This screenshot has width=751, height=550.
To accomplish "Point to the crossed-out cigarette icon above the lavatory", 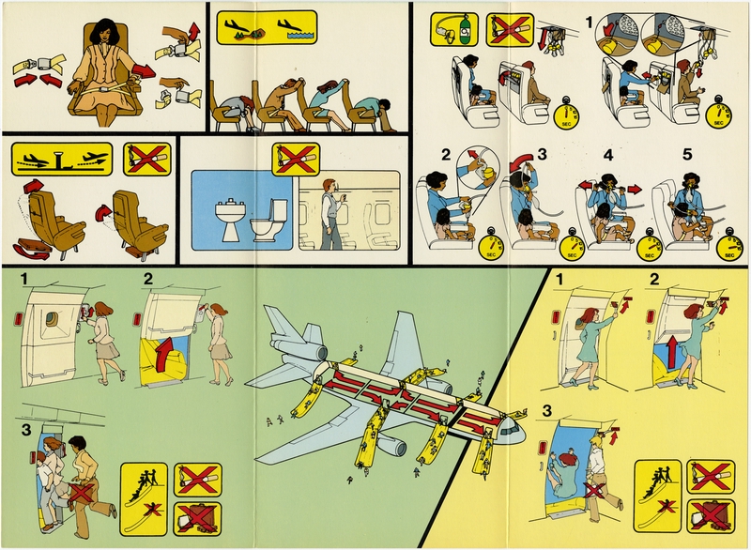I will [290, 158].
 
